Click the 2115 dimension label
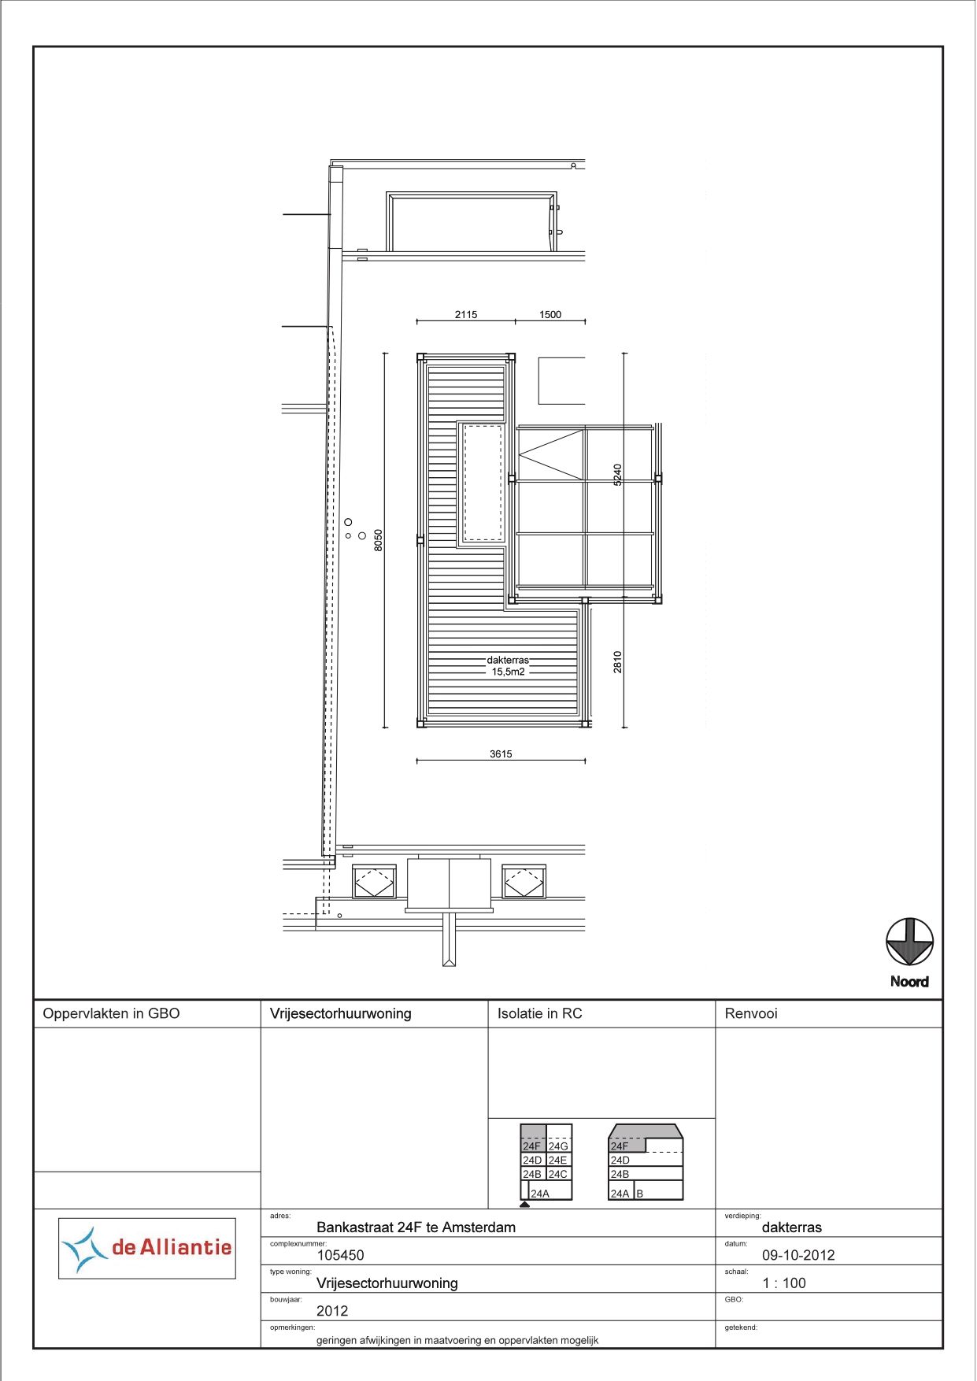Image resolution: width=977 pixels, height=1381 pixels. click(x=466, y=314)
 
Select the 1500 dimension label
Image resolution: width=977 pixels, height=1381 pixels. click(x=550, y=314)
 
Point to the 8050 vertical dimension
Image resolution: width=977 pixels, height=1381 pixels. click(x=379, y=539)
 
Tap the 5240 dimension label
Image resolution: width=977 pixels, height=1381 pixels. click(x=618, y=474)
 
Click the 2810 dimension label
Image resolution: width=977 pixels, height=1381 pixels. click(x=618, y=661)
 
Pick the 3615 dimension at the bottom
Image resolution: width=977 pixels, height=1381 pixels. click(x=501, y=753)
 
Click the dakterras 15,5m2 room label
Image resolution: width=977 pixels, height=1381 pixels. click(x=508, y=666)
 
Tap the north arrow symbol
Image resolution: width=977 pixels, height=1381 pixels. click(x=909, y=942)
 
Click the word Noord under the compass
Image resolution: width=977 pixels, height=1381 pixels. click(x=909, y=982)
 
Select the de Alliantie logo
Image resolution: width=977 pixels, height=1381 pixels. click(x=147, y=1248)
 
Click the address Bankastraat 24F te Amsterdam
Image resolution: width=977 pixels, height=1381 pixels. click(x=416, y=1227)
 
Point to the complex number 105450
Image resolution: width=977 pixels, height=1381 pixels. click(x=340, y=1255)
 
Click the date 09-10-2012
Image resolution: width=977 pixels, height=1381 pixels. click(x=798, y=1255)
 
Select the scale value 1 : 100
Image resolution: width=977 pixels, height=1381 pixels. click(x=784, y=1283)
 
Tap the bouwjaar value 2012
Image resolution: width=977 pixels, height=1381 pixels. click(x=332, y=1311)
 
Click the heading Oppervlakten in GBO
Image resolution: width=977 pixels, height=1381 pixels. click(x=111, y=1013)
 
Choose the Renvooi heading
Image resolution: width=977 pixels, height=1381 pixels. click(x=751, y=1013)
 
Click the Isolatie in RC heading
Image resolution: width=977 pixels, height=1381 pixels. click(x=539, y=1013)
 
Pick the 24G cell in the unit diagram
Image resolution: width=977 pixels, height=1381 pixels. click(x=558, y=1146)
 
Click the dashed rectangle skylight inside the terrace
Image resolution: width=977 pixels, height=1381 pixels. click(x=483, y=483)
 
